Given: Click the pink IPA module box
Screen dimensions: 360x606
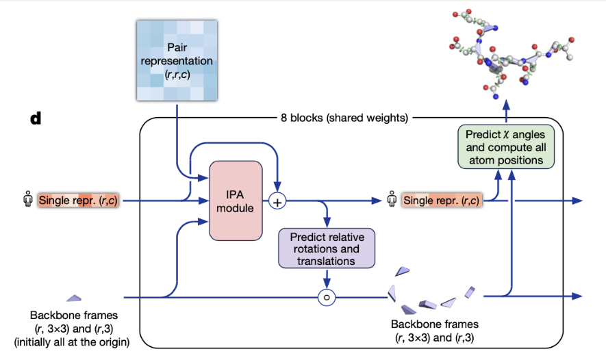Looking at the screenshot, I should pos(236,200).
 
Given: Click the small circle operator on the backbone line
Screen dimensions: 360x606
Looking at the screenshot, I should pos(327,297).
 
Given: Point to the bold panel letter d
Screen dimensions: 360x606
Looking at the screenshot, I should pos(36,118).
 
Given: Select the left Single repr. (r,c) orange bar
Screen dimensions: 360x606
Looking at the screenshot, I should pos(78,201).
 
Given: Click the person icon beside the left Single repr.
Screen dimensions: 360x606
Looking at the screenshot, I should pos(27,201).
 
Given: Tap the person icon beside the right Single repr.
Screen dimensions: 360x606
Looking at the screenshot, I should pos(392,201).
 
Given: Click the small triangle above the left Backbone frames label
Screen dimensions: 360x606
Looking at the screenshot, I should pos(73,298).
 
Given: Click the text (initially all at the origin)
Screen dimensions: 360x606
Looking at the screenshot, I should pos(73,341).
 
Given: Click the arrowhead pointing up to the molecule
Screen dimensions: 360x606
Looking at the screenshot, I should pos(505,105).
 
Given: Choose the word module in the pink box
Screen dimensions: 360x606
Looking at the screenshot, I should pos(236,207).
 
